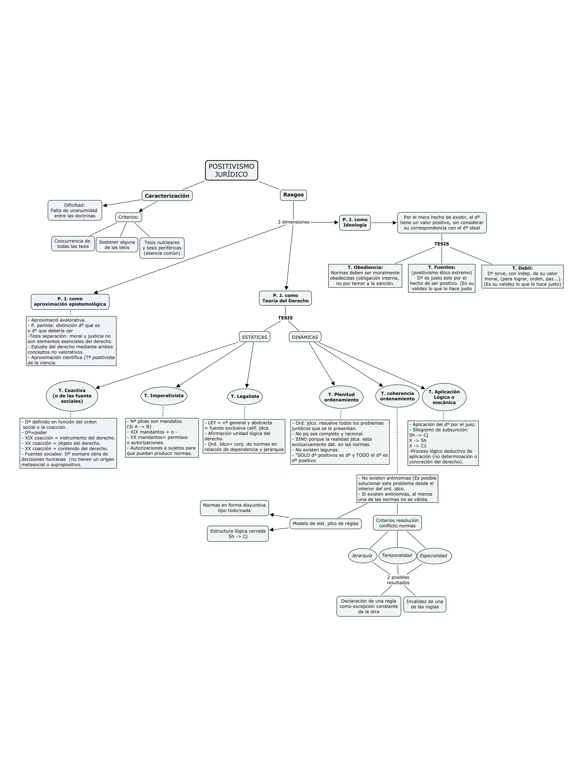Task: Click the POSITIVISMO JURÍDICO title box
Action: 231,170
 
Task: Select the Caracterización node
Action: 167,196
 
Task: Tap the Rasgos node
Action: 293,195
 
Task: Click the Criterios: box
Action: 128,217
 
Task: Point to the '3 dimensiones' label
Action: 293,222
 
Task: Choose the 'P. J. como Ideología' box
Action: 355,223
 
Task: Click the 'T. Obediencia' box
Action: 365,275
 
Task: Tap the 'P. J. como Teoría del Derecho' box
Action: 285,298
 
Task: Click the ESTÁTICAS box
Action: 254,337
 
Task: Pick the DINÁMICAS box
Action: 305,337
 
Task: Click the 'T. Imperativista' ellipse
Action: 164,395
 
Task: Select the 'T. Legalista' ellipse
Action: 245,396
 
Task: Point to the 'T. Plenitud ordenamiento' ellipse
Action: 341,397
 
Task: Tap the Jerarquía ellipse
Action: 362,556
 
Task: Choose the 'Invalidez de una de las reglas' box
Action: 425,604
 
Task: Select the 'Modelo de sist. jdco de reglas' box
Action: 325,523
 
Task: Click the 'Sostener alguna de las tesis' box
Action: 117,245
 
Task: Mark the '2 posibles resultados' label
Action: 398,580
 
